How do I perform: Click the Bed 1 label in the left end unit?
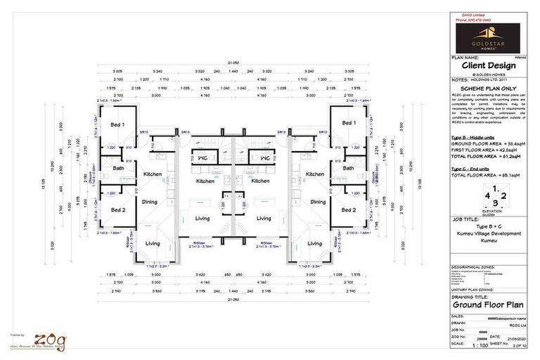(117, 124)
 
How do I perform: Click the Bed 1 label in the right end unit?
(347, 124)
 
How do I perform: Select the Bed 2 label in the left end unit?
(117, 210)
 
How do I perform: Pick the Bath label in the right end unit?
(348, 168)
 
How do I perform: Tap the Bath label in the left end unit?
(117, 168)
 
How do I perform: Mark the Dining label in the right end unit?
(318, 202)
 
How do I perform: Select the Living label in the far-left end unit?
(153, 244)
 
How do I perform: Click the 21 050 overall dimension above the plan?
(232, 63)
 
